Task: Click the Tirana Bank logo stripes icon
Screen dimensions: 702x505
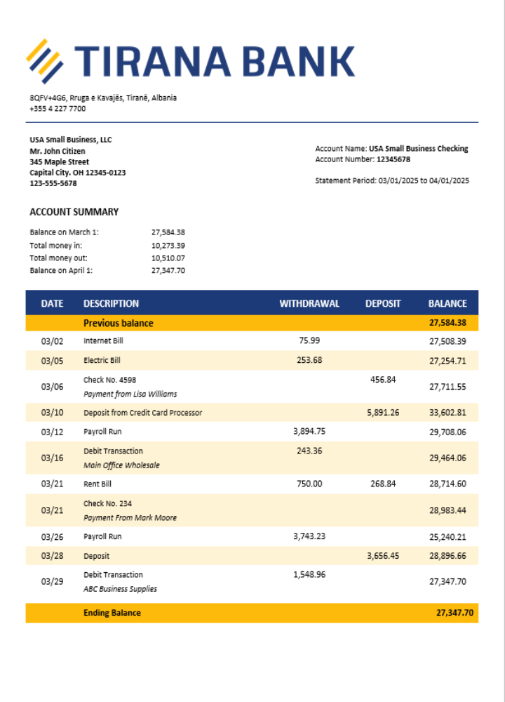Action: click(x=45, y=61)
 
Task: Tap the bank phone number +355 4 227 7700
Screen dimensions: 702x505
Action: click(x=58, y=109)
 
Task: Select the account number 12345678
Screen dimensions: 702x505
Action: click(x=393, y=159)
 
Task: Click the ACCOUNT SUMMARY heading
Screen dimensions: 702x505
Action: click(x=74, y=212)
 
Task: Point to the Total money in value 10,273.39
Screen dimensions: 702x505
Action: click(x=168, y=246)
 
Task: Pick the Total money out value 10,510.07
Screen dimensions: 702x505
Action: click(x=168, y=258)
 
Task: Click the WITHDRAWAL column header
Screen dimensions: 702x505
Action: click(x=309, y=304)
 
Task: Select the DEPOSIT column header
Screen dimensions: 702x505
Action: click(x=383, y=304)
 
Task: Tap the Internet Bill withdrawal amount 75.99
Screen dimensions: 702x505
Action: click(x=309, y=340)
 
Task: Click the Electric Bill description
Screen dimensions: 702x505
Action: click(x=102, y=360)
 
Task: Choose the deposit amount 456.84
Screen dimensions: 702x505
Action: click(x=383, y=379)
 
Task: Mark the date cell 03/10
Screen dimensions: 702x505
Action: click(x=52, y=413)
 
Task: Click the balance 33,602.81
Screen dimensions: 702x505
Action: click(x=447, y=413)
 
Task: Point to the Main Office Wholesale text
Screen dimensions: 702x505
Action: click(x=121, y=465)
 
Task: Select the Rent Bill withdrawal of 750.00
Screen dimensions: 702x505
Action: click(x=309, y=484)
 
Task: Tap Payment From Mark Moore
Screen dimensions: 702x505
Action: click(x=130, y=518)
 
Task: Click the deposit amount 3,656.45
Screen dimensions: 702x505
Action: click(x=383, y=555)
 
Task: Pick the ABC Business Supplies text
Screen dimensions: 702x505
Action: click(x=120, y=589)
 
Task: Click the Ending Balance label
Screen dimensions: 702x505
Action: click(x=112, y=613)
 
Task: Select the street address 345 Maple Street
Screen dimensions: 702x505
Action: click(x=59, y=161)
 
